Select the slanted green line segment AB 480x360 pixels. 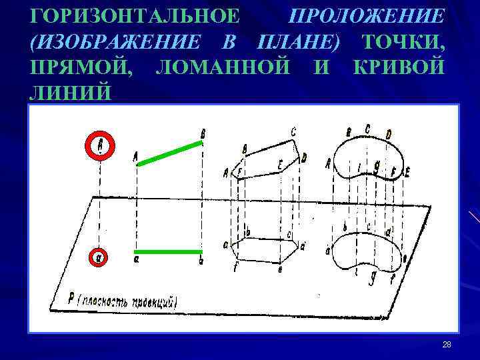click(x=169, y=151)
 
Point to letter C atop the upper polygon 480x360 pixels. click(x=293, y=133)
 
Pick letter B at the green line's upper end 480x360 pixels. click(x=203, y=134)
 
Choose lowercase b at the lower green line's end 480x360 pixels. click(x=201, y=261)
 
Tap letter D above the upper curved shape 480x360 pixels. click(x=388, y=135)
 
